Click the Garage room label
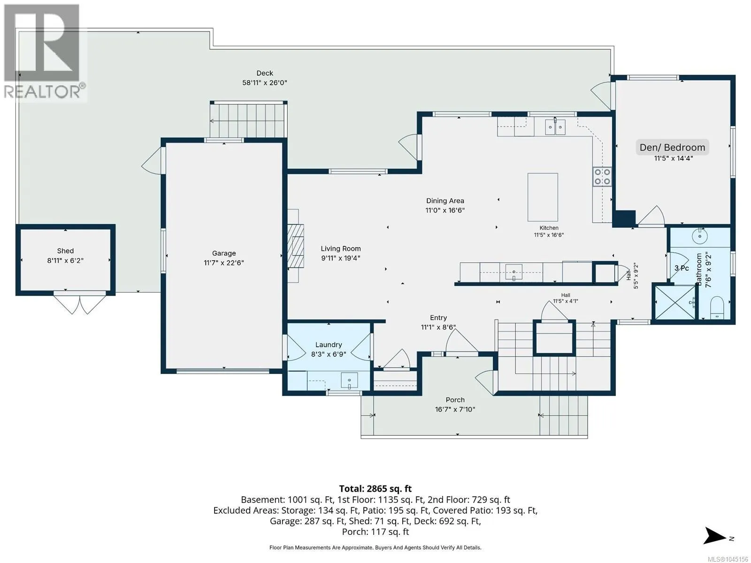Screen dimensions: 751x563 (x=224, y=253)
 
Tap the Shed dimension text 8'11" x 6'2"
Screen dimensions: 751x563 (x=65, y=260)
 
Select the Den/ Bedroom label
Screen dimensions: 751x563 (x=672, y=147)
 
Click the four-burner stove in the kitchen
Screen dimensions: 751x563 (x=602, y=176)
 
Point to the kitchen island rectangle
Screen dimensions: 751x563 (x=543, y=197)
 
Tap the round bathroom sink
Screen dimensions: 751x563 (x=700, y=236)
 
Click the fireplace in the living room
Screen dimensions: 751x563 (x=295, y=246)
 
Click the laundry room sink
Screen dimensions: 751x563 (x=349, y=381)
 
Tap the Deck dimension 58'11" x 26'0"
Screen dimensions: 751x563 (x=264, y=83)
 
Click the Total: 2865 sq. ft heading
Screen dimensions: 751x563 (x=375, y=488)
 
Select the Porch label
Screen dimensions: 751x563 (x=455, y=400)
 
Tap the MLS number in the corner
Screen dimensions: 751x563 (x=728, y=559)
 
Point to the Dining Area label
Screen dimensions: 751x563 (x=445, y=201)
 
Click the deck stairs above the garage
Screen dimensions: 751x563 (x=248, y=120)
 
